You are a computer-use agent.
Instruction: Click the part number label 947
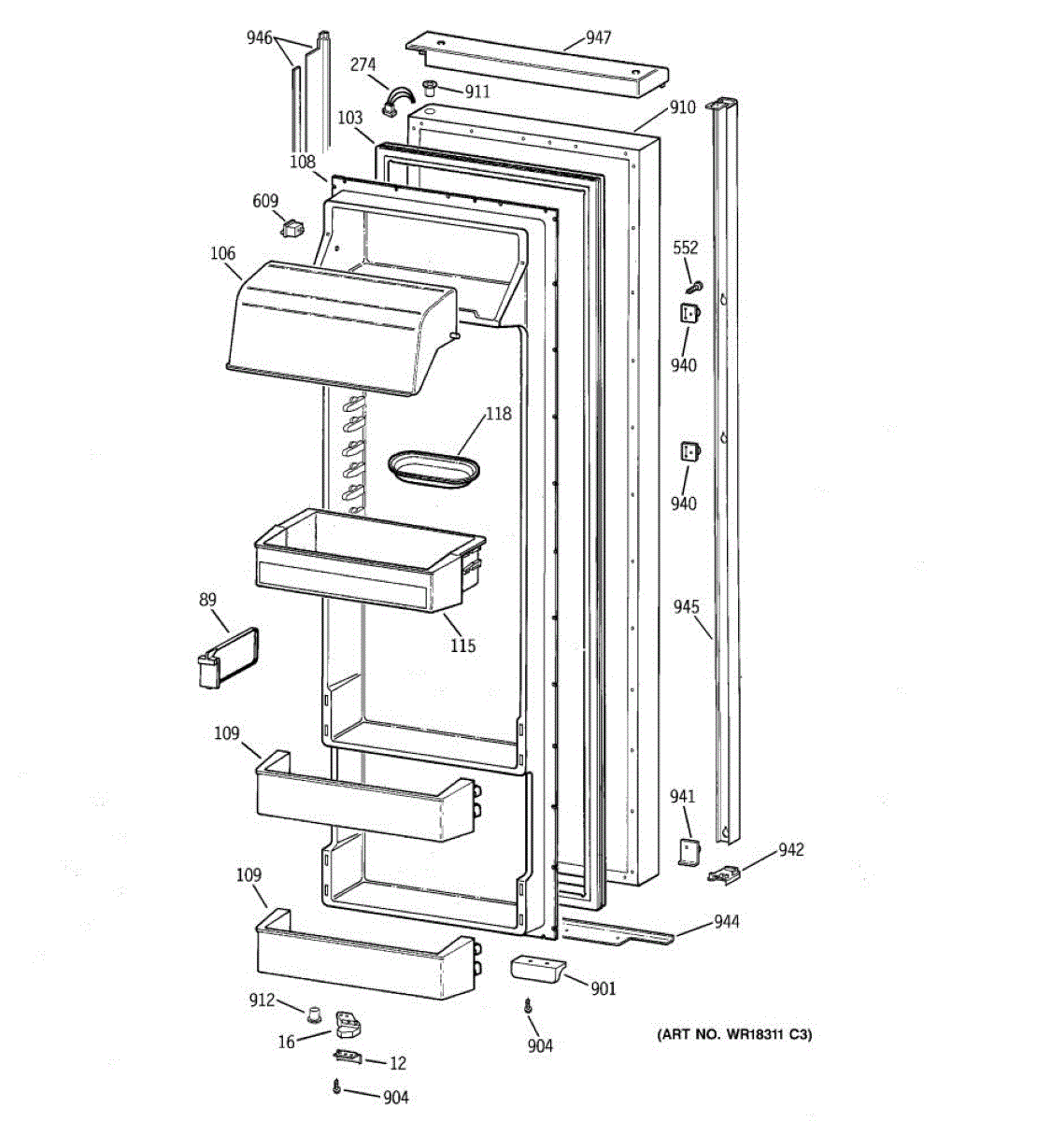point(598,37)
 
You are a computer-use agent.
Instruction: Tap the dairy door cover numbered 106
point(336,327)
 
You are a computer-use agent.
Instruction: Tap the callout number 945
point(687,608)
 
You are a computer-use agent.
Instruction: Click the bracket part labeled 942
point(724,874)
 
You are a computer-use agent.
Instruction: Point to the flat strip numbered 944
point(617,931)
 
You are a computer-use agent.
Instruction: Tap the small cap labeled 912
point(316,1013)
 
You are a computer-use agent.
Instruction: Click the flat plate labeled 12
point(348,1056)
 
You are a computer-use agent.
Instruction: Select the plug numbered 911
point(431,88)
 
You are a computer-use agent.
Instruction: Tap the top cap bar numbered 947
point(537,67)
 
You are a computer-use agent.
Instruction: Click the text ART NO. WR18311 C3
point(733,1035)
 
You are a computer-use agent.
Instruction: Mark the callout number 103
point(350,119)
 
